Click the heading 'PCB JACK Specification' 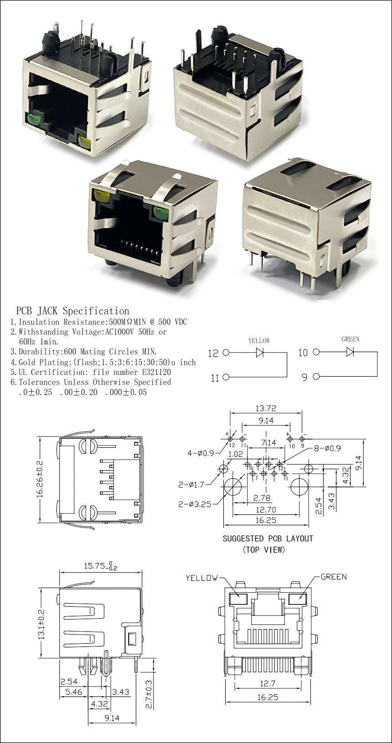72,311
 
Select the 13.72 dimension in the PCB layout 266,408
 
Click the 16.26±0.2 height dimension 40,479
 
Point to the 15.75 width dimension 100,565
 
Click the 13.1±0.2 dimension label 41,624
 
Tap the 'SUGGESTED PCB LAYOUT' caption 268,538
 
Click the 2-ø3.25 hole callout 195,504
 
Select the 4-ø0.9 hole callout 201,453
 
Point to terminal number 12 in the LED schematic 213,353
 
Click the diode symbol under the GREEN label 350,352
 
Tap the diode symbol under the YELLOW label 260,352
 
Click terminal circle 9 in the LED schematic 316,376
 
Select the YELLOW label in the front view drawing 201,578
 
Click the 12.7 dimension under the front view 268,683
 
